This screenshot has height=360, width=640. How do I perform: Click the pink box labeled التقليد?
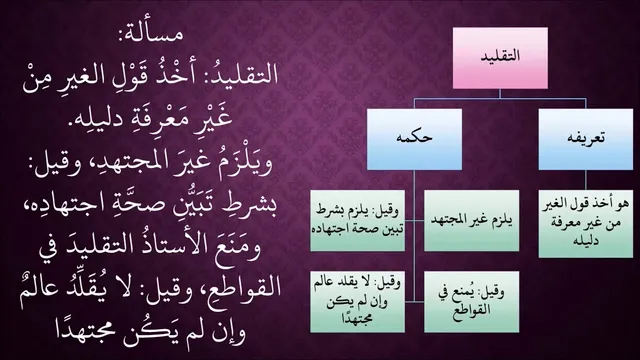pyautogui.click(x=500, y=58)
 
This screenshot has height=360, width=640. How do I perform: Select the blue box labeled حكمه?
pyautogui.click(x=414, y=139)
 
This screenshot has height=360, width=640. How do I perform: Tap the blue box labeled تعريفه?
pyautogui.click(x=586, y=139)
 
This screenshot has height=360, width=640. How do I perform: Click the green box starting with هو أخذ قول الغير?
pyautogui.click(x=586, y=223)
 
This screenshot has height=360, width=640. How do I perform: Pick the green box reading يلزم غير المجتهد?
pyautogui.click(x=471, y=220)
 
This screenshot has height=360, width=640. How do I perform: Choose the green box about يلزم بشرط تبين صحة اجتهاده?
pyautogui.click(x=358, y=220)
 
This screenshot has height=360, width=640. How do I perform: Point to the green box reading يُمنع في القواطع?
pyautogui.click(x=471, y=302)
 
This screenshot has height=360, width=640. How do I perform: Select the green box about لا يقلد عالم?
pyautogui.click(x=358, y=302)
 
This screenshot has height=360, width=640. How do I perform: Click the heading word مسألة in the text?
pyautogui.click(x=150, y=33)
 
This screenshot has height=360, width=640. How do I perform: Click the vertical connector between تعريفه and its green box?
pyautogui.click(x=586, y=180)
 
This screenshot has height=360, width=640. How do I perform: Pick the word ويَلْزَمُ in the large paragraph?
pyautogui.click(x=244, y=162)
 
